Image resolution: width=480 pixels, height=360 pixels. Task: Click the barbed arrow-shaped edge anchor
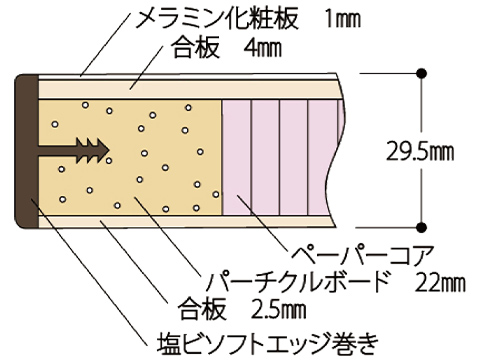75,151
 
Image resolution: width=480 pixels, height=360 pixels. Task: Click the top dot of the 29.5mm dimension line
424,73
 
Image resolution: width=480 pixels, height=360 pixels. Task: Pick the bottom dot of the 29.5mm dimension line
424,227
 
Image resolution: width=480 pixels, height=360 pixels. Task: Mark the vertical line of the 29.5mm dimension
424,110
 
